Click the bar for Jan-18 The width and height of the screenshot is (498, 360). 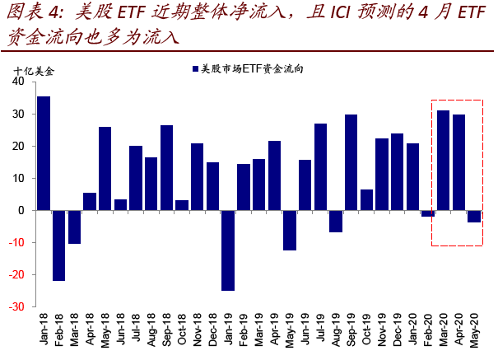[x=44, y=153]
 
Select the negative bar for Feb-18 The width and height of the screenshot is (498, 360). [x=59, y=245]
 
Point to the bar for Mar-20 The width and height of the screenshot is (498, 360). [x=443, y=160]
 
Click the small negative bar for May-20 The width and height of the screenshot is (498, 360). [x=474, y=216]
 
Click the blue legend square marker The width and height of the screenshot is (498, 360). [x=194, y=70]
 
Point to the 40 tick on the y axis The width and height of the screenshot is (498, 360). [x=19, y=82]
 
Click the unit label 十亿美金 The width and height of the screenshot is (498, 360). [x=33, y=71]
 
